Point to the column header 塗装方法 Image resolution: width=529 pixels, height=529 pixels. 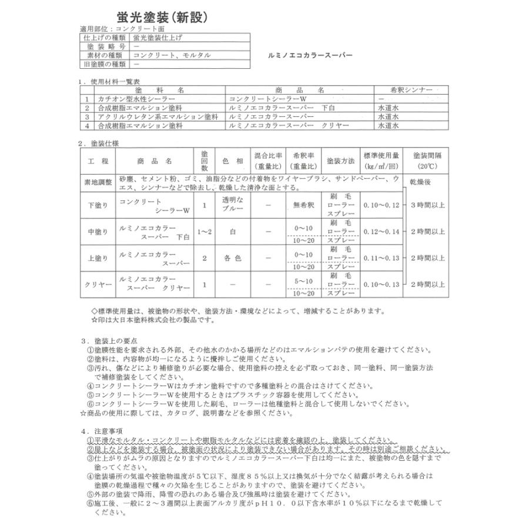coord(340,160)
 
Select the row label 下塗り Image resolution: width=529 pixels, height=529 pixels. coord(98,206)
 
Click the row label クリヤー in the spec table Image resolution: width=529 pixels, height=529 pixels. coord(98,284)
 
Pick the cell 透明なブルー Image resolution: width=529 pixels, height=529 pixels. coord(232,206)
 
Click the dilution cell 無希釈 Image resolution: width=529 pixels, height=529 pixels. coord(303,206)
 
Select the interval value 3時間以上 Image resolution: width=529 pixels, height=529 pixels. coord(427,205)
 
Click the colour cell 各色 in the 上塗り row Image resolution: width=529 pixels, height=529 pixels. coord(232,258)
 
